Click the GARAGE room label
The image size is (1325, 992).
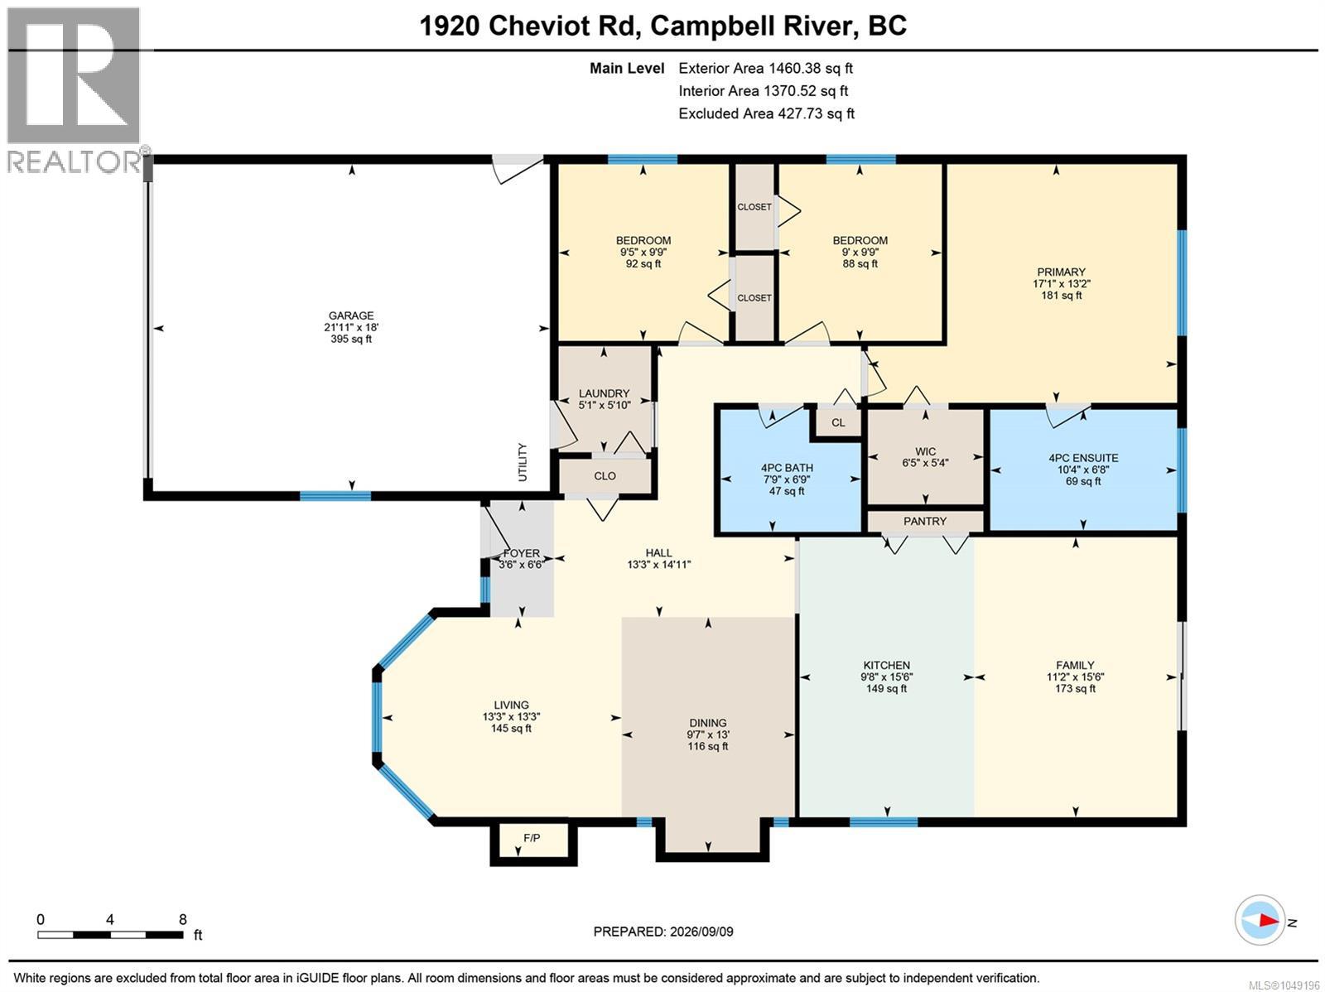pos(351,315)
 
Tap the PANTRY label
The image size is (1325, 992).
pos(925,522)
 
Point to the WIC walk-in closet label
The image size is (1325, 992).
pos(925,451)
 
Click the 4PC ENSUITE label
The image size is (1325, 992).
pos(1083,458)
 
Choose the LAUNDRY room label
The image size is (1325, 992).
pos(604,393)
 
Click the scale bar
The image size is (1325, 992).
pos(110,935)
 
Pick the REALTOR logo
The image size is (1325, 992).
pos(75,90)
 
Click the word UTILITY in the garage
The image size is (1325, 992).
pos(523,462)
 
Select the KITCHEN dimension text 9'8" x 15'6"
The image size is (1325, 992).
pos(886,677)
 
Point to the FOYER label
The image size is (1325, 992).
pos(522,553)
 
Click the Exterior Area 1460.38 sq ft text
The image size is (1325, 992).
pos(765,68)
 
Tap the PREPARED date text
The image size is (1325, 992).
pos(663,932)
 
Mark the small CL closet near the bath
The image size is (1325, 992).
pos(838,422)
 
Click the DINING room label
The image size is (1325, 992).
pos(708,723)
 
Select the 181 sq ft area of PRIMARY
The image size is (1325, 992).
pos(1061,296)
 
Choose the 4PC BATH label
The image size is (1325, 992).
pos(787,468)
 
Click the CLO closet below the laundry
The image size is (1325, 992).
pos(605,476)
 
